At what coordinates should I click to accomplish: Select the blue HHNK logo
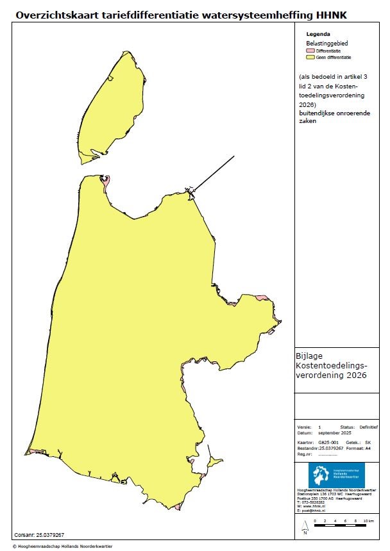(336, 475)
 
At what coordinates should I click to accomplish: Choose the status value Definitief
(368, 427)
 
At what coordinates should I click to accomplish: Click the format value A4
(368, 448)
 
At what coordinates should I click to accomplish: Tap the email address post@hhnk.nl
(317, 511)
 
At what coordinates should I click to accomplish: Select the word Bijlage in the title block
(310, 356)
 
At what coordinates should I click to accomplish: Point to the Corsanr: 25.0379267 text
(39, 534)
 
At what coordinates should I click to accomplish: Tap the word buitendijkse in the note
(317, 113)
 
